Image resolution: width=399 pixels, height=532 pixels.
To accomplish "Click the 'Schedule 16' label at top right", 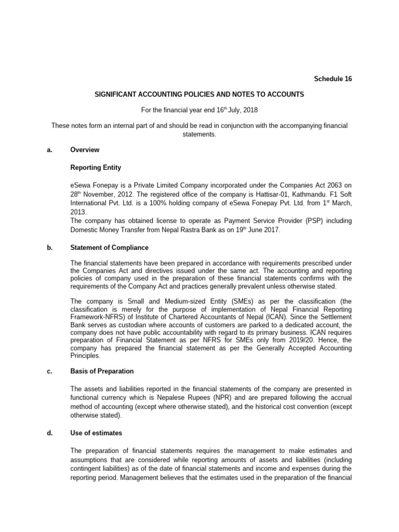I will tap(332, 79).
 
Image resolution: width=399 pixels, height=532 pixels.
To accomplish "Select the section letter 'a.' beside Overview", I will tap(50, 150).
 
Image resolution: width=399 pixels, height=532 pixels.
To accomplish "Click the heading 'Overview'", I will tap(85, 150).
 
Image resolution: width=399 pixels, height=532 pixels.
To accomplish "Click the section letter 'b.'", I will tap(50, 248).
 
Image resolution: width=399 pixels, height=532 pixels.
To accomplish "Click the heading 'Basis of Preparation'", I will tap(102, 371).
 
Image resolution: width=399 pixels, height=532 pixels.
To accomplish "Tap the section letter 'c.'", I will tap(50, 371).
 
